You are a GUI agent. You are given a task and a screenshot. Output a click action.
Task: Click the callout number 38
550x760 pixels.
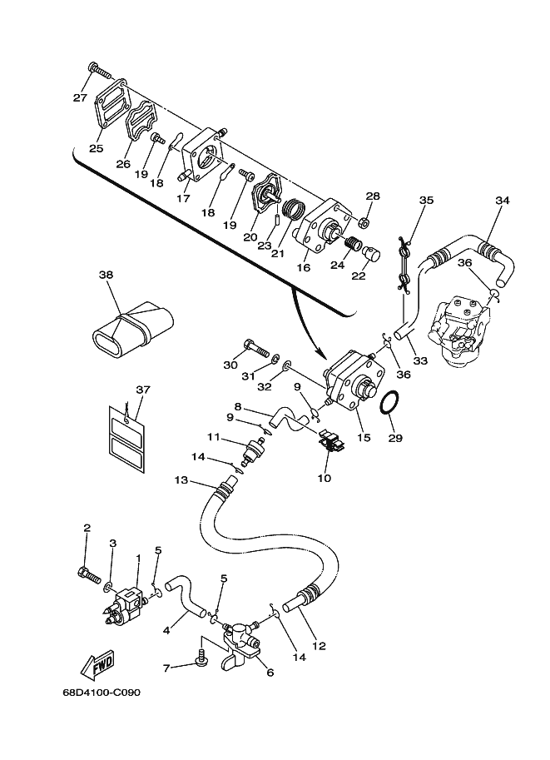coord(106,275)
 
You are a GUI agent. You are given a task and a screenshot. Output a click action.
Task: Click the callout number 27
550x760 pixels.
coord(79,97)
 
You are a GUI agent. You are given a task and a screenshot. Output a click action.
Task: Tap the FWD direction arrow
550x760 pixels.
coord(98,665)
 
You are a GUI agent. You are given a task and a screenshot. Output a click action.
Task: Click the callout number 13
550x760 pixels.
coord(181,480)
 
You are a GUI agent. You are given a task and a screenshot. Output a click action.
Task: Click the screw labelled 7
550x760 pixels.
coord(200,657)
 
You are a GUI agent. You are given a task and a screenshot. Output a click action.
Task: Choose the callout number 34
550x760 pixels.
coord(502,201)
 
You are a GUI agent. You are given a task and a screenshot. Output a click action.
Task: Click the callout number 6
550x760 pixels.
coord(269,673)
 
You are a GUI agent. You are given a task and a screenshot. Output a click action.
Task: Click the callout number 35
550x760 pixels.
coord(426,201)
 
